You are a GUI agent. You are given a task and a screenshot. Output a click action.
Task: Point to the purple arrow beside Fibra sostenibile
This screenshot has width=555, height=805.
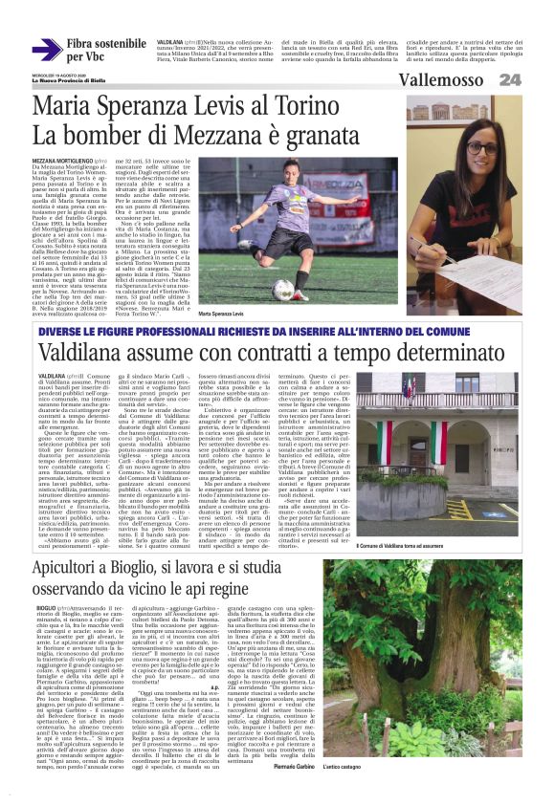coord(47,51)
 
